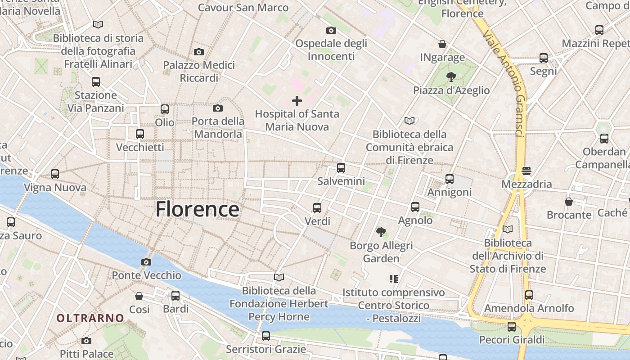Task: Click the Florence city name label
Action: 197,210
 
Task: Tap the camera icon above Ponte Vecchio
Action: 146,262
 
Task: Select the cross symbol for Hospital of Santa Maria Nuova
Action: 297,100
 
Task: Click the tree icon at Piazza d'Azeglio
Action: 451,77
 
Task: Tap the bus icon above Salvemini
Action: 341,168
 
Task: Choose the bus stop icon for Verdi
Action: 317,207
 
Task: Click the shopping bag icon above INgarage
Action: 442,44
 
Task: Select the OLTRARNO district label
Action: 90,318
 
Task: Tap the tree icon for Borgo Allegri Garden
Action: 381,232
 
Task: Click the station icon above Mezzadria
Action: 526,171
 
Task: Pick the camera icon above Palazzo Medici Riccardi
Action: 198,52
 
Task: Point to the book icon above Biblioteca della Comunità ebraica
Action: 409,121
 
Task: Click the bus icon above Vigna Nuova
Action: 55,174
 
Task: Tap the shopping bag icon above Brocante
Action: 569,201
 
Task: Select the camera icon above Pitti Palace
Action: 86,341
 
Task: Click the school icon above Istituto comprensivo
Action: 394,279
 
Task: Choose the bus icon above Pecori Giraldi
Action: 512,326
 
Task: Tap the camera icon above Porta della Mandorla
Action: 218,108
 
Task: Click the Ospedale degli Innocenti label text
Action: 331,49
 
